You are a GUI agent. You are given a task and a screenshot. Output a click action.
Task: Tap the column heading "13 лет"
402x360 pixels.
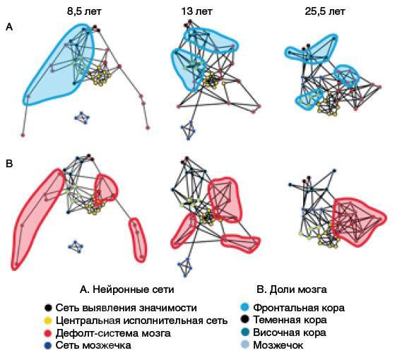point(197,12)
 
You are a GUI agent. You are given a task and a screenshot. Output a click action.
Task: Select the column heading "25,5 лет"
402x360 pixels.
point(325,12)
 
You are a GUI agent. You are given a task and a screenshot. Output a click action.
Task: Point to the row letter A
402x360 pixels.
point(9,27)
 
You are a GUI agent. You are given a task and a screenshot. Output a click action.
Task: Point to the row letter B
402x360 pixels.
point(9,164)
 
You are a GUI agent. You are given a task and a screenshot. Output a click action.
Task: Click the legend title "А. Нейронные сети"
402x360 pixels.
point(127,289)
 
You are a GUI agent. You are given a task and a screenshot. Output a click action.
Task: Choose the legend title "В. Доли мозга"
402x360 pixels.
point(292,289)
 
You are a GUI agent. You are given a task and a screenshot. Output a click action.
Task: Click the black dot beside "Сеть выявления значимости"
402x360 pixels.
point(48,308)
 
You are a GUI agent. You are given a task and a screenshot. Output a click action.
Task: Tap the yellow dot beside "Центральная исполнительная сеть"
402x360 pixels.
point(48,320)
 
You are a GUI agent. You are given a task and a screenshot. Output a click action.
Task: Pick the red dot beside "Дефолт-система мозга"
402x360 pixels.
point(48,333)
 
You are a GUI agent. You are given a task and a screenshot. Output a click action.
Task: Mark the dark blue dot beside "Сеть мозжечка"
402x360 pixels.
point(48,345)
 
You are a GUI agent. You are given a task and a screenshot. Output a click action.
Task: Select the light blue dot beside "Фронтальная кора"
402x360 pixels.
point(245,308)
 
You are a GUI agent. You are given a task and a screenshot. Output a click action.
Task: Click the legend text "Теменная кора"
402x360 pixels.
point(290,320)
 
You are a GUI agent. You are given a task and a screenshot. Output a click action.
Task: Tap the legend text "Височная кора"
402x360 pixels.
point(290,332)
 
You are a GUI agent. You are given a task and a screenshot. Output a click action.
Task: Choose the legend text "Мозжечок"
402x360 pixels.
point(278,345)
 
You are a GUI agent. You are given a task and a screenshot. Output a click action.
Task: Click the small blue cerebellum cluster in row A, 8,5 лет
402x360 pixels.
point(82,118)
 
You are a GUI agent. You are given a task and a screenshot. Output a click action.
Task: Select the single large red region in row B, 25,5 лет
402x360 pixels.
point(358,222)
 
